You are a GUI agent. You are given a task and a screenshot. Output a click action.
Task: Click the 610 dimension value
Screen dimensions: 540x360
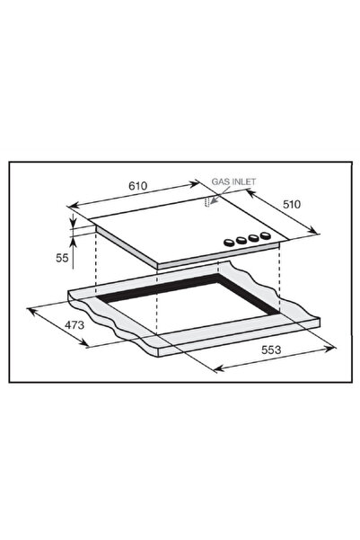pyautogui.click(x=137, y=185)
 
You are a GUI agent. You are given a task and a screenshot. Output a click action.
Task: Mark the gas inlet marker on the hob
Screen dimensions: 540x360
pyautogui.click(x=208, y=203)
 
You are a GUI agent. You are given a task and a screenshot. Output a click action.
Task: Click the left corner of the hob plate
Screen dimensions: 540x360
pyautogui.click(x=95, y=225)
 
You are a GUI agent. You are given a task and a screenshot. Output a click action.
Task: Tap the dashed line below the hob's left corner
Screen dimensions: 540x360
pyautogui.click(x=95, y=265)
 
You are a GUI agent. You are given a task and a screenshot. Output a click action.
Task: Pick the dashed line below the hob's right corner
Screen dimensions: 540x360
pyautogui.click(x=280, y=279)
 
